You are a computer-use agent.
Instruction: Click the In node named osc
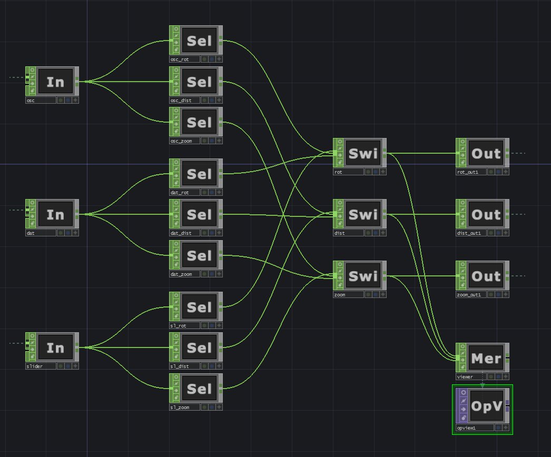point(55,82)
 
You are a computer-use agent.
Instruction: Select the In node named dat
point(55,214)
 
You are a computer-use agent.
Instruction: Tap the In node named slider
point(55,347)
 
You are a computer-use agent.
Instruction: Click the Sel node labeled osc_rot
point(199,41)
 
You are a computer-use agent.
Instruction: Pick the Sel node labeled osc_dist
point(199,82)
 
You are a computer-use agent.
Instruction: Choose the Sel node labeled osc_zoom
point(199,123)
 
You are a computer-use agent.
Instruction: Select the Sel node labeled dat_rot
point(199,174)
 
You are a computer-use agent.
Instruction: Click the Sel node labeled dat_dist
point(199,214)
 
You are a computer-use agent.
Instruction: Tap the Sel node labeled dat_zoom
point(199,255)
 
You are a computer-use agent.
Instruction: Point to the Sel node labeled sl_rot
point(199,307)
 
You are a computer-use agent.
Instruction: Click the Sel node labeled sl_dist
point(199,347)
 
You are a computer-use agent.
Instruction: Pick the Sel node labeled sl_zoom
point(199,389)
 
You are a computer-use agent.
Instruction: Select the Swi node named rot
point(363,153)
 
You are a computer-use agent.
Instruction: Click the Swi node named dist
point(363,214)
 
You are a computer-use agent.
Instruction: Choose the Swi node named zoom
point(363,276)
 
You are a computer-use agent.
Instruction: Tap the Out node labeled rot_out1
point(486,153)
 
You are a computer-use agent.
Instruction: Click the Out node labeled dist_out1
point(486,214)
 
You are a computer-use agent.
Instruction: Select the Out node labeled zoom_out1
point(486,276)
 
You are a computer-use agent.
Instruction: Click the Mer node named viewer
point(486,358)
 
